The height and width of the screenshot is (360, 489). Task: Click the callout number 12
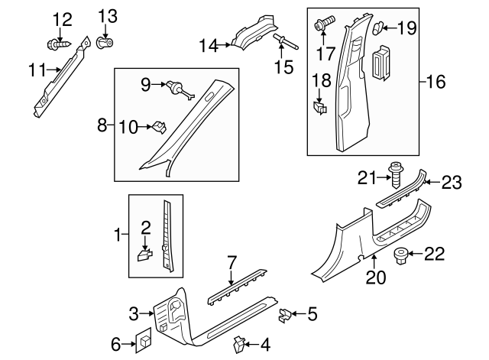coord(62,18)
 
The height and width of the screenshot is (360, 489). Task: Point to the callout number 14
coord(207,46)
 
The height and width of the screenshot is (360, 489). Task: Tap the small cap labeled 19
coord(380,29)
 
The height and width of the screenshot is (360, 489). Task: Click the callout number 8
coord(102,124)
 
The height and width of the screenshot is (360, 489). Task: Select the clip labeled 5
coord(283,314)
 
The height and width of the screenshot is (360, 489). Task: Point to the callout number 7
coord(231,264)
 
